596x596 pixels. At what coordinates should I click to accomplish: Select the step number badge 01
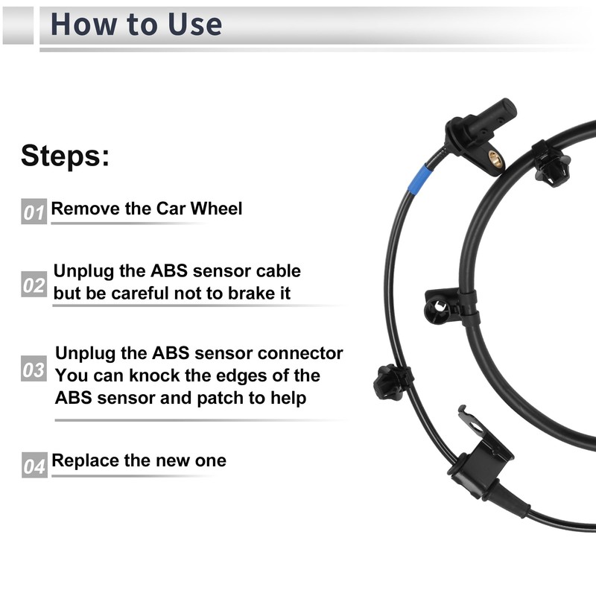34,212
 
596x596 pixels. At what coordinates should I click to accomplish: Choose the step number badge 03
34,370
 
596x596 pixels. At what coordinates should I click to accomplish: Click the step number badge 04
34,466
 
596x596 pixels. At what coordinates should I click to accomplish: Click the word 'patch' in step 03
221,398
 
